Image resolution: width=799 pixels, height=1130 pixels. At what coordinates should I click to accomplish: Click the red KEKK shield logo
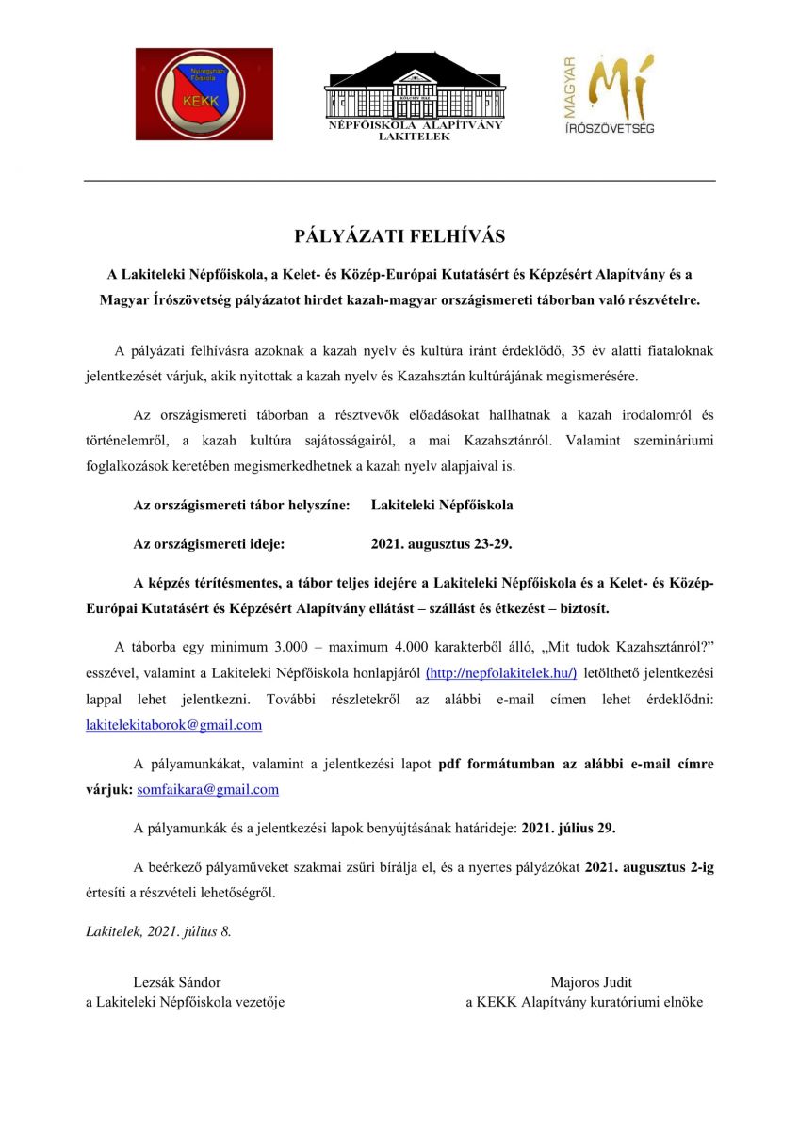204,94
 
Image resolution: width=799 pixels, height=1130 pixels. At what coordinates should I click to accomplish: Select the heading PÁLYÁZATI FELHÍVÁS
399,235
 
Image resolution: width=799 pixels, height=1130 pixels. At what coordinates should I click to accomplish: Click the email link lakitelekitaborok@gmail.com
173,725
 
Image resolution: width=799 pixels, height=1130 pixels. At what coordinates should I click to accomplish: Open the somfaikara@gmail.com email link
208,790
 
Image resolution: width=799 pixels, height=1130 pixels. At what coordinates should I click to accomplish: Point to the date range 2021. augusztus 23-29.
442,543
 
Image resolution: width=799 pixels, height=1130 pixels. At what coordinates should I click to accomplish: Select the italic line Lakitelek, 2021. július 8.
158,931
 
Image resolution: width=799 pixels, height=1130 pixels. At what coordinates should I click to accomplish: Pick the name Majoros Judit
591,982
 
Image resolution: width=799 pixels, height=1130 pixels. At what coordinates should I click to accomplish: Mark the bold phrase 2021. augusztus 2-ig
649,867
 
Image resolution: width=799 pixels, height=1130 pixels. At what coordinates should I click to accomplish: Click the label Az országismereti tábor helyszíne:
241,505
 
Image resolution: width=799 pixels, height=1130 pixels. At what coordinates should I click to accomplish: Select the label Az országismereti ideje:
209,543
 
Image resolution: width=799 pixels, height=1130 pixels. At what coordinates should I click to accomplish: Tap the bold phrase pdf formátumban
497,764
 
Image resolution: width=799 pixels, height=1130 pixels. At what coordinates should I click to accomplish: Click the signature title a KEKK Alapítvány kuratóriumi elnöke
584,1002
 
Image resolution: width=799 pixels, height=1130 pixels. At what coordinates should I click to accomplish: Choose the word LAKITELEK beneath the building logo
415,137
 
